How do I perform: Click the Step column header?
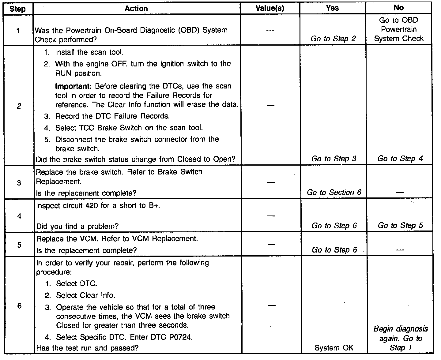click(18, 9)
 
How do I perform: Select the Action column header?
click(136, 9)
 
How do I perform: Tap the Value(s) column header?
click(270, 9)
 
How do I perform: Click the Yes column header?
click(332, 8)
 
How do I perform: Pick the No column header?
click(398, 8)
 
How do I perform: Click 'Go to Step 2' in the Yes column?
click(333, 39)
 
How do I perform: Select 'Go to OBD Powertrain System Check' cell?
click(399, 29)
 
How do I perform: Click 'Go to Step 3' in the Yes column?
click(334, 159)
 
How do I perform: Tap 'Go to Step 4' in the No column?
click(400, 159)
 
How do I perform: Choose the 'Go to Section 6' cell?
click(334, 193)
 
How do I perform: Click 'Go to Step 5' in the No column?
click(400, 226)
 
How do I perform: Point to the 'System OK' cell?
click(334, 348)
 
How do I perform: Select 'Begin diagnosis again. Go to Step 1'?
click(401, 338)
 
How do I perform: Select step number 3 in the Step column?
click(19, 183)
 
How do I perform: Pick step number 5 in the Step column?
click(19, 245)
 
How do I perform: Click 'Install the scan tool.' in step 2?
click(89, 52)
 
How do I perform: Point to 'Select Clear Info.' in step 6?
click(85, 295)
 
